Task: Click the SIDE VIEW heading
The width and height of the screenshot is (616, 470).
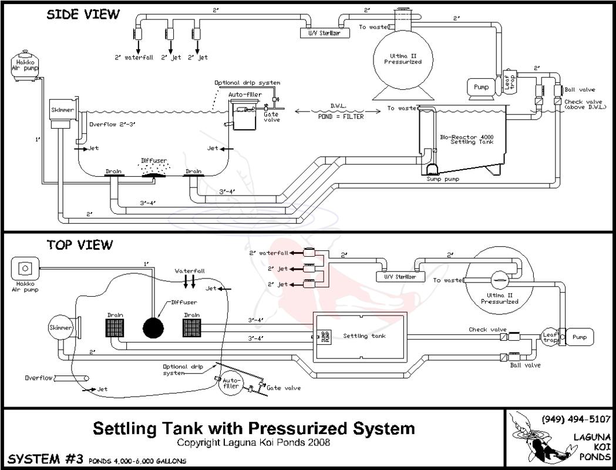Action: pos(83,15)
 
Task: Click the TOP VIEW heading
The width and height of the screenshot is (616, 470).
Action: pos(79,244)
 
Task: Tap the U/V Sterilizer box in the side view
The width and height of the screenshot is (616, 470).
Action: pos(324,33)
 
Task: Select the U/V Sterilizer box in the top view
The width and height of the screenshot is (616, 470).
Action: pos(400,277)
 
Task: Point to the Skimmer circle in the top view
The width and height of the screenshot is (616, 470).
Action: pos(60,327)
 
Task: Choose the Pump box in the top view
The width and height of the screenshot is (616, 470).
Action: pos(579,337)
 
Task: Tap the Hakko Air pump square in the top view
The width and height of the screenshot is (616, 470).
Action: pos(25,268)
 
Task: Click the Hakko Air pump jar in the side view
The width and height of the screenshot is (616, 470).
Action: pos(25,65)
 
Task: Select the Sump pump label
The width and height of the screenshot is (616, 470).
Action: pos(443,179)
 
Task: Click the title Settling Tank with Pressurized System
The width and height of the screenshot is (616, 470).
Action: pos(253,428)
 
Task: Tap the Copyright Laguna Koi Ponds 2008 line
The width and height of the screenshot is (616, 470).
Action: pos(253,442)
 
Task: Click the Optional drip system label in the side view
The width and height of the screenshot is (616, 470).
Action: pos(247,83)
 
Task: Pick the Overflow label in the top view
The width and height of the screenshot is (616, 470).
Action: pos(38,378)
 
